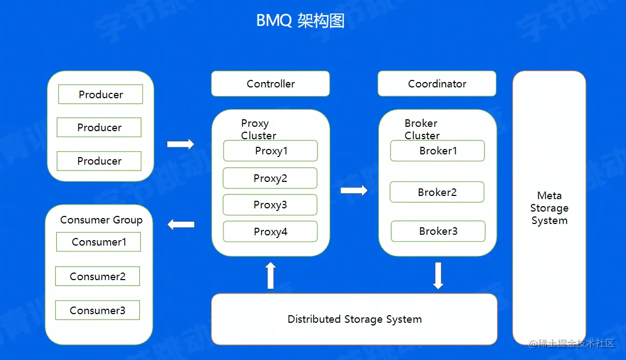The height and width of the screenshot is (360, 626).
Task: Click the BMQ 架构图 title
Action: pos(300,21)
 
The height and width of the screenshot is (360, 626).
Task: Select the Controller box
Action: pos(270,84)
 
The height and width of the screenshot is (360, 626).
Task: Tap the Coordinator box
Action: pos(437,84)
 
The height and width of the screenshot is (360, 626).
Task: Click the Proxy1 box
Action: pos(270,151)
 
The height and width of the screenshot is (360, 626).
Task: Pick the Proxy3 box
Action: pos(270,205)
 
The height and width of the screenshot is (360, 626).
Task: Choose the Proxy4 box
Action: pos(270,232)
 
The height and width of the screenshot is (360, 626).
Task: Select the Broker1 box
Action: pos(438,151)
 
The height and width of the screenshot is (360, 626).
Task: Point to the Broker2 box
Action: pos(437,192)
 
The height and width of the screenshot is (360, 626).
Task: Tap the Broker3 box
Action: pos(438,231)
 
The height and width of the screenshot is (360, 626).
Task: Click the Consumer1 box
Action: pos(99,242)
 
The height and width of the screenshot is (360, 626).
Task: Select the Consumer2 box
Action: pos(98,276)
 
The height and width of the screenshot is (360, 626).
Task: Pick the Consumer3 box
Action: pos(98,310)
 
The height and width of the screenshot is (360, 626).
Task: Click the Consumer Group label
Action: pos(101,220)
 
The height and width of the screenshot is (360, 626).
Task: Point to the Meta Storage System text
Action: pos(549,208)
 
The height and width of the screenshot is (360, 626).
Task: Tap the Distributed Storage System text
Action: pos(355,319)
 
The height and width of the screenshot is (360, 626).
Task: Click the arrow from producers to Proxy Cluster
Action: pos(181,144)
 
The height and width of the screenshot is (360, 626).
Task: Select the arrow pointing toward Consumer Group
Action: pos(181,225)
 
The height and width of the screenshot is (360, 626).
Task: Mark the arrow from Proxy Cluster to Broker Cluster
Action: pos(354,190)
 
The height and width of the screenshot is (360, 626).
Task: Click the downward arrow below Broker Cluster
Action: pos(438,275)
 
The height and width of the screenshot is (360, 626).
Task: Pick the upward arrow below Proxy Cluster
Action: pos(271,275)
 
